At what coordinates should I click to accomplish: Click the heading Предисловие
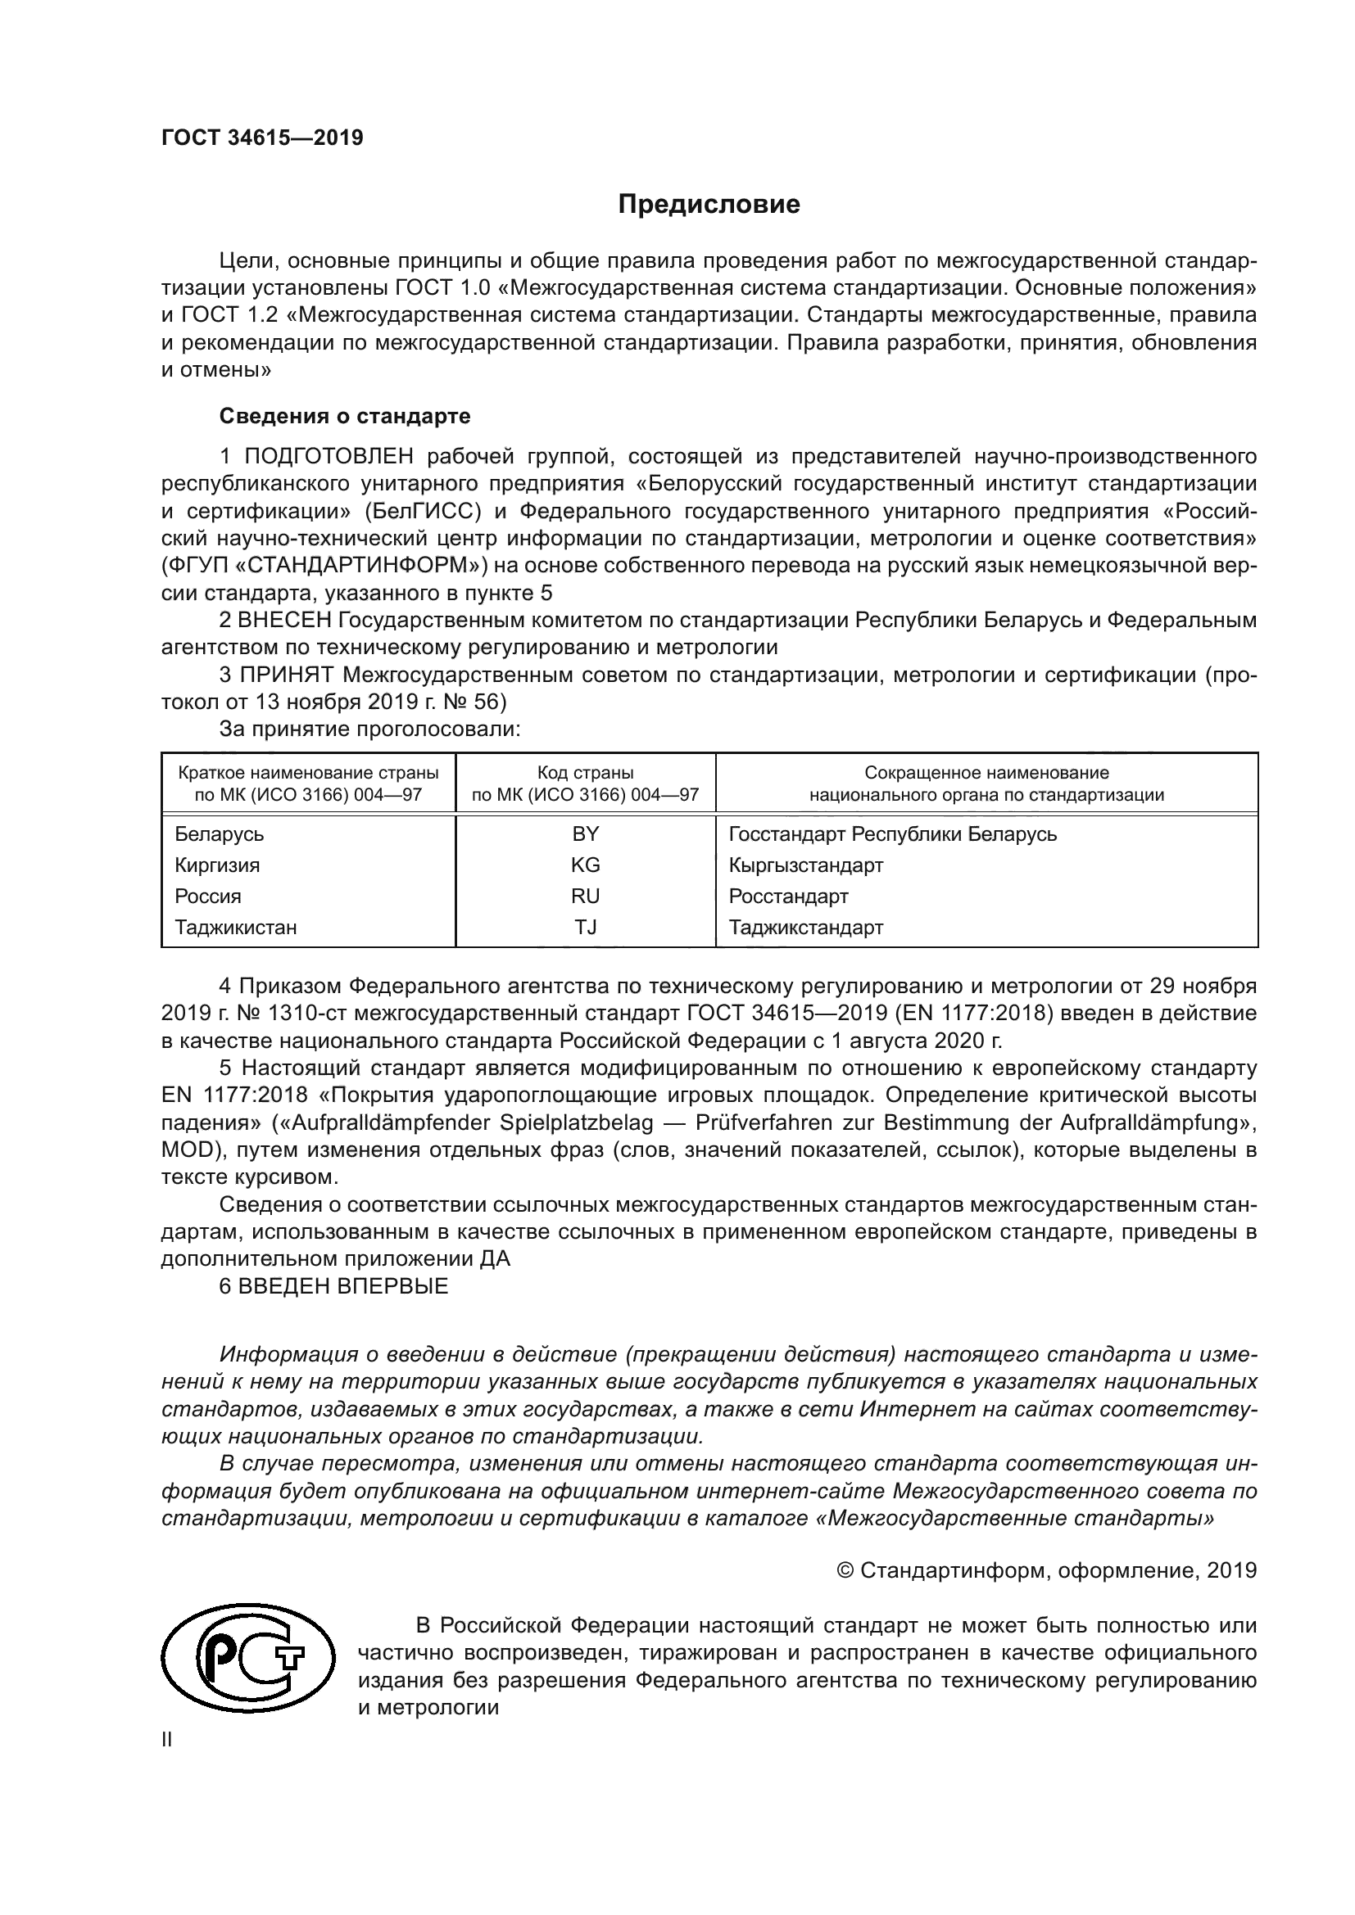(709, 205)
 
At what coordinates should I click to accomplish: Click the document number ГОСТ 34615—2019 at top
(262, 138)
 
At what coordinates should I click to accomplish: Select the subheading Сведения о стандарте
(345, 415)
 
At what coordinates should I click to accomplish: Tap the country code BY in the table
(585, 834)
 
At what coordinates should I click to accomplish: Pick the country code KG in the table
(585, 865)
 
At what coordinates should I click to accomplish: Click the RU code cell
(585, 896)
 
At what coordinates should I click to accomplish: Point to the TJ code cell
(585, 927)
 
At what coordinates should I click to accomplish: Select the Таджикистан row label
(235, 927)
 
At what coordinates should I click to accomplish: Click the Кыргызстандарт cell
(805, 865)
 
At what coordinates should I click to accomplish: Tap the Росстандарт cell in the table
(787, 896)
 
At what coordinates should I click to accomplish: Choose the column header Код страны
(585, 773)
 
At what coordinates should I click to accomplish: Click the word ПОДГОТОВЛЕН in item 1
(329, 456)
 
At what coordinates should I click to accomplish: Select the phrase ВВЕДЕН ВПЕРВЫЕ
(343, 1285)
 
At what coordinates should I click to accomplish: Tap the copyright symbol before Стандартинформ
(845, 1569)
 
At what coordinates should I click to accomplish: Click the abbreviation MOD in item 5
(185, 1149)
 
